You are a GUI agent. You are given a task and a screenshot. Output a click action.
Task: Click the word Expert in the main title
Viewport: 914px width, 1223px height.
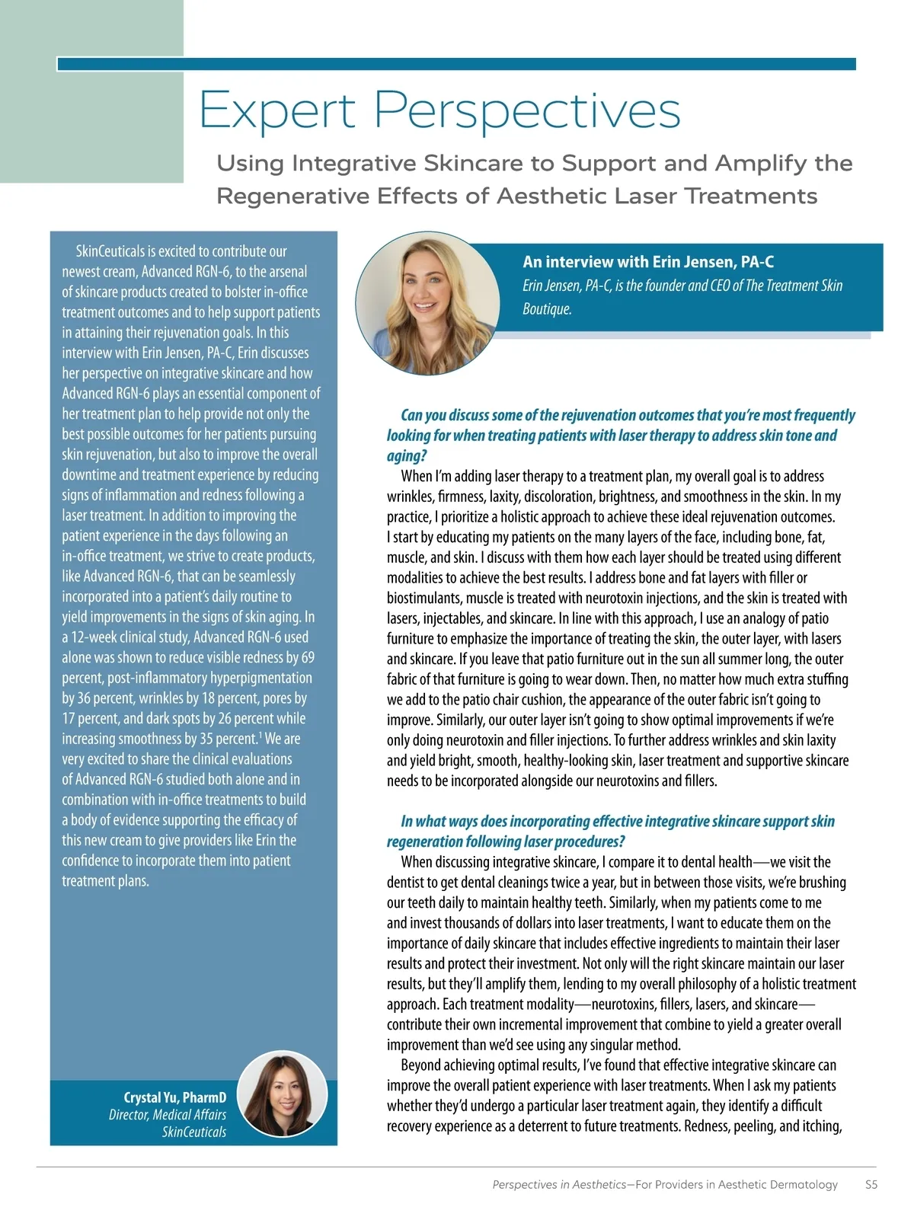pos(277,110)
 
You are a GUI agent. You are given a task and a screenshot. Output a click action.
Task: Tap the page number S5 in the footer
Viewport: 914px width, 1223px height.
pos(871,1185)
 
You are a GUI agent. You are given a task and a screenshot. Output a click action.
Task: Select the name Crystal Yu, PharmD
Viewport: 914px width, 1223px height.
pos(174,1097)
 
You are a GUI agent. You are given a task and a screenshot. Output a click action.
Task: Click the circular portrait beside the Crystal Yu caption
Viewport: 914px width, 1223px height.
pos(283,1096)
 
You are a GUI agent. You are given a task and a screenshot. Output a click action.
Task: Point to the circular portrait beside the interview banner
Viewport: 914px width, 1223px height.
pos(428,304)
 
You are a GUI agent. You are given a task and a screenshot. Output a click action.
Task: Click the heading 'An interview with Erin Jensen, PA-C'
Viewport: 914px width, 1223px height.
pos(647,262)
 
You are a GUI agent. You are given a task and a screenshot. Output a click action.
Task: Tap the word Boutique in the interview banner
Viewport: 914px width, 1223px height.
pos(547,309)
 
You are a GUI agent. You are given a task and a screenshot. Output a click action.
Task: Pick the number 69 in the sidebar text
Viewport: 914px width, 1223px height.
pos(307,657)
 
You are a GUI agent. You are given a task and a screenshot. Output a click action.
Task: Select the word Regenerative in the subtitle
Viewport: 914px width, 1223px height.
pos(298,196)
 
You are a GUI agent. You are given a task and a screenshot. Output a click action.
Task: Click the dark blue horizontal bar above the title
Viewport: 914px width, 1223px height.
pos(456,64)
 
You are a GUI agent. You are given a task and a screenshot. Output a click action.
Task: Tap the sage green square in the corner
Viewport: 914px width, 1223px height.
pos(91,91)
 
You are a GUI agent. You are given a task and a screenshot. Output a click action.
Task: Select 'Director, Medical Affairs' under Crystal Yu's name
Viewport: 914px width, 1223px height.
pos(168,1115)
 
